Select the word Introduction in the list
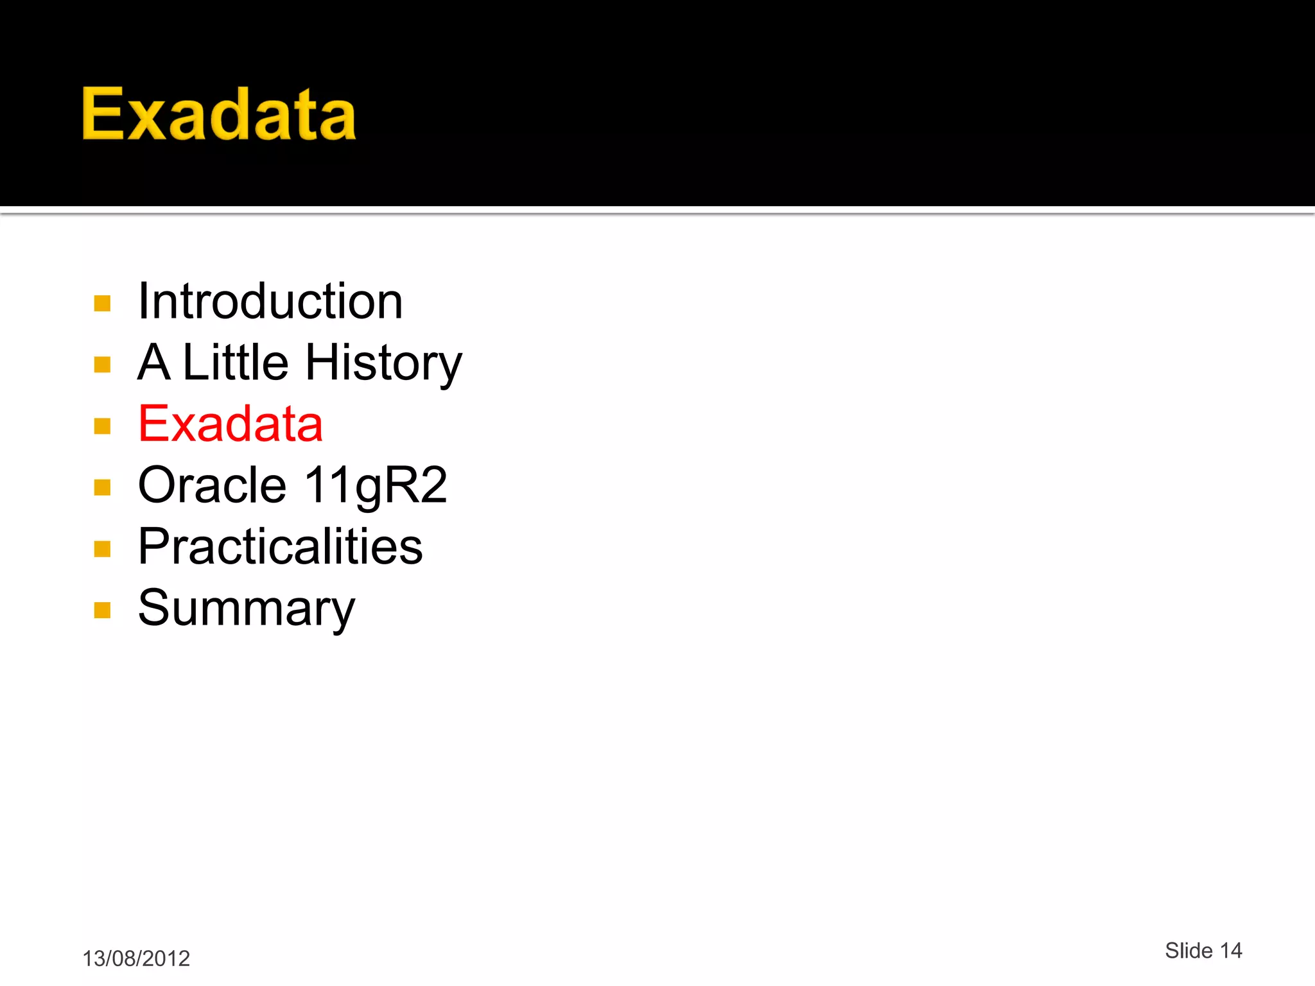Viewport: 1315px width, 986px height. click(270, 301)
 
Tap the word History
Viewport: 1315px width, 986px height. click(383, 363)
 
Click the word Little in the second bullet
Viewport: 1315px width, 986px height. click(236, 362)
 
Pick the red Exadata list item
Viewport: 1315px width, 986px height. click(231, 424)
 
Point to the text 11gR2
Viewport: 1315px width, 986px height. click(376, 485)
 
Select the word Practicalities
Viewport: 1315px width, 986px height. click(281, 546)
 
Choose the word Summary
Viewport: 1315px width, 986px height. click(246, 608)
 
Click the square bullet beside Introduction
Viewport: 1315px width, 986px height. click(102, 303)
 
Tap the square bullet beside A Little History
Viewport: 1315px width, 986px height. click(102, 365)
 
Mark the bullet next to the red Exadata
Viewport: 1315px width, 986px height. click(102, 426)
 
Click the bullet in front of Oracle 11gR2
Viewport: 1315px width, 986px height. click(102, 488)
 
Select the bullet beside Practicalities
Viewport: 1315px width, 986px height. click(102, 549)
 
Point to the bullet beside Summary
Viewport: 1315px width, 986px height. click(102, 610)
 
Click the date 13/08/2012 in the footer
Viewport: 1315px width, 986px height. click(136, 958)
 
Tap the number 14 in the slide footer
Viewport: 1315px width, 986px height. click(1231, 951)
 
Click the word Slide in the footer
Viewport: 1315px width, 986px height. click(1189, 951)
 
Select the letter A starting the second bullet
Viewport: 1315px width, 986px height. click(154, 362)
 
